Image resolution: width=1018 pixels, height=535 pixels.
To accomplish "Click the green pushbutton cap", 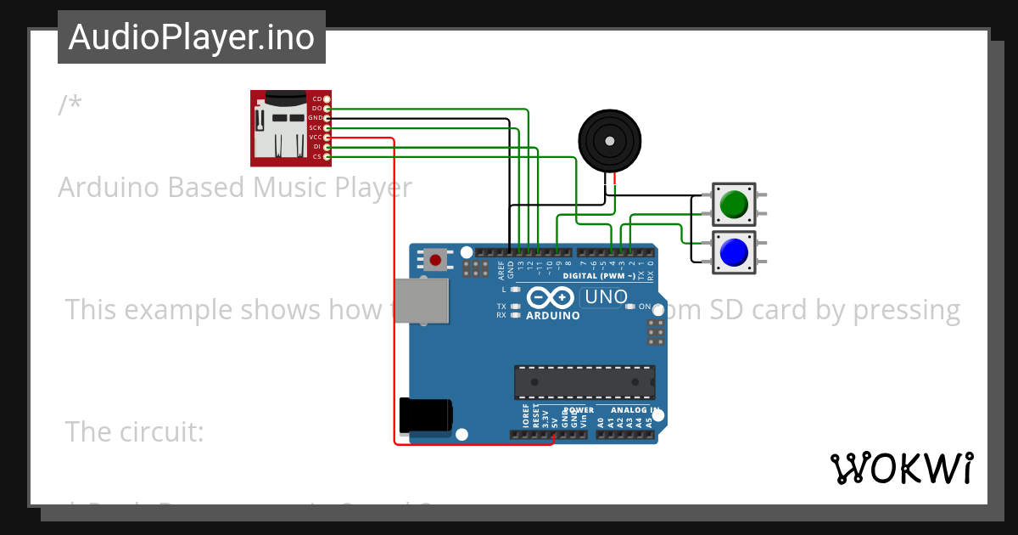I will coord(734,204).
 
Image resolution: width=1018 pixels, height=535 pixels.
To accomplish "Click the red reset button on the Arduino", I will coord(436,260).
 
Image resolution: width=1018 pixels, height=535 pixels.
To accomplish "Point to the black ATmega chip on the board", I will coord(585,382).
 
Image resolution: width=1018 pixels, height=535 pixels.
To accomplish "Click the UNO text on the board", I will coord(606,297).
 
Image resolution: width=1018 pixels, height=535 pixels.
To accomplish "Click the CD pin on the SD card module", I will coord(327,99).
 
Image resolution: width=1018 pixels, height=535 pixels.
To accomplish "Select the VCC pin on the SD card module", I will coord(327,137).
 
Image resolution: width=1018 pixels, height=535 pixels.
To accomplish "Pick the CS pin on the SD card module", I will coord(327,156).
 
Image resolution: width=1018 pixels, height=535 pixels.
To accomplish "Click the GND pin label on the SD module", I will coord(315,118).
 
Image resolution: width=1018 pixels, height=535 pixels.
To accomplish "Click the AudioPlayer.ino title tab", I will coord(192,37).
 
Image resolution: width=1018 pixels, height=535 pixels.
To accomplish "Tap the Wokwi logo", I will coord(901,468).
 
